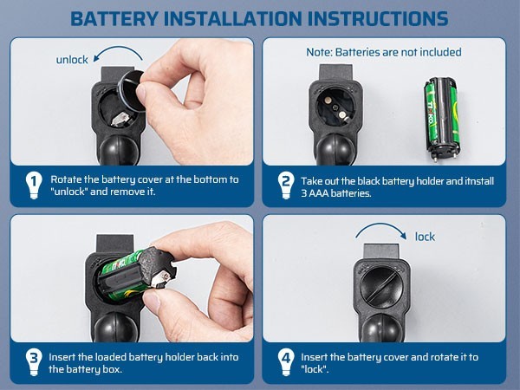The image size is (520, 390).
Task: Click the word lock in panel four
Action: click(425, 237)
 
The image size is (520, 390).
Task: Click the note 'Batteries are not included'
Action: click(384, 52)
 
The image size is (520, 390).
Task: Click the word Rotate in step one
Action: click(67, 179)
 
